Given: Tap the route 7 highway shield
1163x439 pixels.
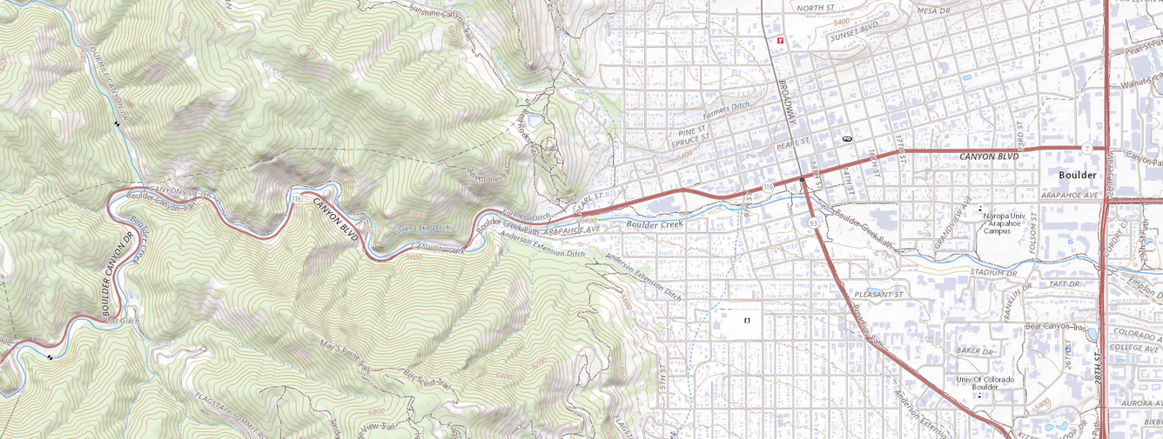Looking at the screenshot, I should pyautogui.click(x=1087, y=149).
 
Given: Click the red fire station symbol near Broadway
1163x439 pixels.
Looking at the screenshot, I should pyautogui.click(x=781, y=39).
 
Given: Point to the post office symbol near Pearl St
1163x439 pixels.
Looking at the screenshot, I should pyautogui.click(x=846, y=138).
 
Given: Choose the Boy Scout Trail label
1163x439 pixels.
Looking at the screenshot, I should pyautogui.click(x=427, y=380).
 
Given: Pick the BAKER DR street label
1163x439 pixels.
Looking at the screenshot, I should pyautogui.click(x=974, y=350).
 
